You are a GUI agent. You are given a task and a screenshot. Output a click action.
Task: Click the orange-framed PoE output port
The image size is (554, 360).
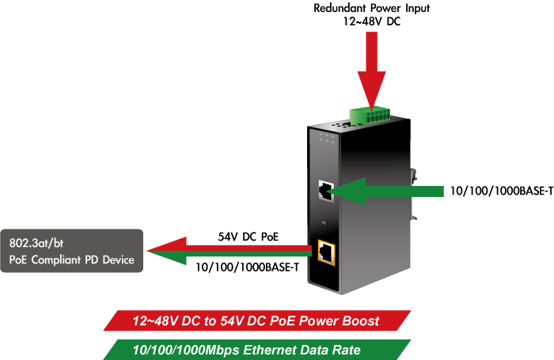click(x=325, y=252)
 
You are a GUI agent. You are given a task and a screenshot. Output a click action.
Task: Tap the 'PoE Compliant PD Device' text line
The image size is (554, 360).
click(x=71, y=260)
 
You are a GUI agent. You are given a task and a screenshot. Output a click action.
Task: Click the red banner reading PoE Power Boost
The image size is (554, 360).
click(x=258, y=321)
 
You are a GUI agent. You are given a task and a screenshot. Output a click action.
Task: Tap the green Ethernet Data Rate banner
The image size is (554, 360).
click(x=258, y=349)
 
